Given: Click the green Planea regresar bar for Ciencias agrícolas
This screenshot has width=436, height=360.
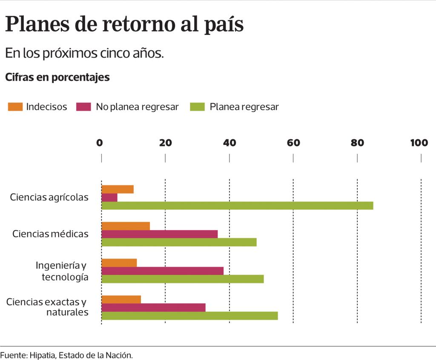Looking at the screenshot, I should point(237,205).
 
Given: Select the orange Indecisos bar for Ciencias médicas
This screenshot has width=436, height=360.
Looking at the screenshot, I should point(126,226).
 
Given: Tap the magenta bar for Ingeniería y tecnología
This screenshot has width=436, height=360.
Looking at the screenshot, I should point(162,271).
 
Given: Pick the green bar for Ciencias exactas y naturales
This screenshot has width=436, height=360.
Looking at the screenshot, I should point(189,315).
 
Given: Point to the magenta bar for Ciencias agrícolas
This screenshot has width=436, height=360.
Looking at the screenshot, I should point(109,197).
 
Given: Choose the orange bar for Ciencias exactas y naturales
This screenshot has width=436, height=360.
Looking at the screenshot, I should point(121,300).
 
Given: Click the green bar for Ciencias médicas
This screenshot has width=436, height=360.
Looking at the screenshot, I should point(179,242).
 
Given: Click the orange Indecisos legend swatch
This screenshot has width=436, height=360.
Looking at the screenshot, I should point(15,107).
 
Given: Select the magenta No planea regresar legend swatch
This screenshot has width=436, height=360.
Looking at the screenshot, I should point(84,107).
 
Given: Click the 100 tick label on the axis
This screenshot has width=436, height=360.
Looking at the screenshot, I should point(419,143).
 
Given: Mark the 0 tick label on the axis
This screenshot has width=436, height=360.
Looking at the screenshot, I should point(100,143).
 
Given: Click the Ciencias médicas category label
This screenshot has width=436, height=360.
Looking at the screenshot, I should point(50,234).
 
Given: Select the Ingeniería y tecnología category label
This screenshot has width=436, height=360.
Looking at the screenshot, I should point(62,271).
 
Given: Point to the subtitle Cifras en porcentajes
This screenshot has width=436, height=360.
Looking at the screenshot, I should point(57,77).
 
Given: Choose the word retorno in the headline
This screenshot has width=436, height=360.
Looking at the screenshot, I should point(135,25).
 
